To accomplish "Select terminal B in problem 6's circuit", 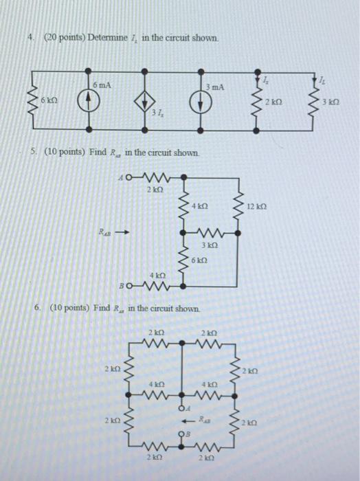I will tap(182, 434).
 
